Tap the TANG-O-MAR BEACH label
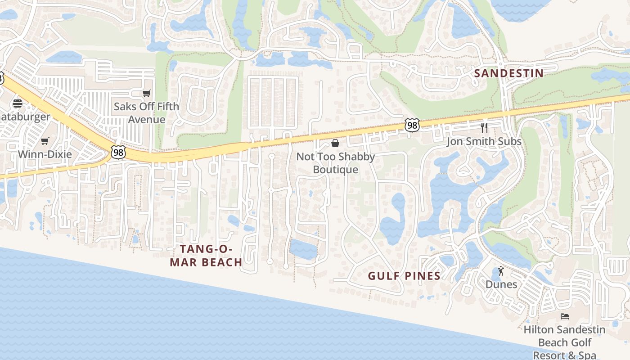click(206, 256)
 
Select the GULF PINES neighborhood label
click(404, 276)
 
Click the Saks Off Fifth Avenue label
click(146, 113)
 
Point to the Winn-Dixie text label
click(45, 154)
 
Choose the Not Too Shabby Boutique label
click(335, 163)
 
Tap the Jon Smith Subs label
click(484, 142)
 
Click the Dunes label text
click(501, 284)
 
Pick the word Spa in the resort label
click(587, 355)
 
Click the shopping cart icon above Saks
click(146, 94)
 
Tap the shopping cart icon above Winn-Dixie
click(45, 141)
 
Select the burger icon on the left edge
click(18, 103)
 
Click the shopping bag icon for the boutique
click(335, 144)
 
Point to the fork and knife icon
click(484, 128)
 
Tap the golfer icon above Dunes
click(501, 271)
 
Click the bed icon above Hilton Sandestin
click(564, 316)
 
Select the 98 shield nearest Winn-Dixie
click(118, 153)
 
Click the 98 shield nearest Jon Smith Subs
click(412, 125)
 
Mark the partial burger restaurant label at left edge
click(25, 117)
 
